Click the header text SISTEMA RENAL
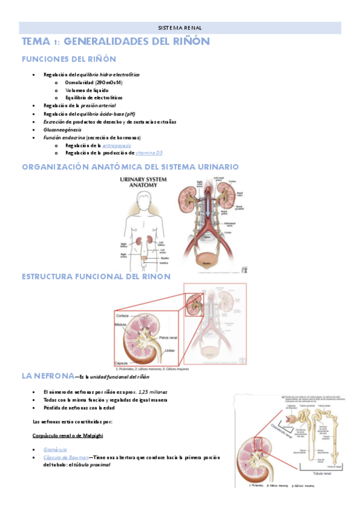click(180, 28)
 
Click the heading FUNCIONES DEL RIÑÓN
click(69, 59)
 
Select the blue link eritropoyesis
click(117, 145)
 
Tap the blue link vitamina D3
click(148, 153)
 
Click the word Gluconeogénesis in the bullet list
click(63, 129)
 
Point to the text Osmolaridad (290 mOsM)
click(93, 82)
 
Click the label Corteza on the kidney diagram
click(123, 315)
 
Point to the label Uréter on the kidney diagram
click(170, 350)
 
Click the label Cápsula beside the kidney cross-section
click(121, 363)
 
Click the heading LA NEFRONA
click(48, 376)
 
